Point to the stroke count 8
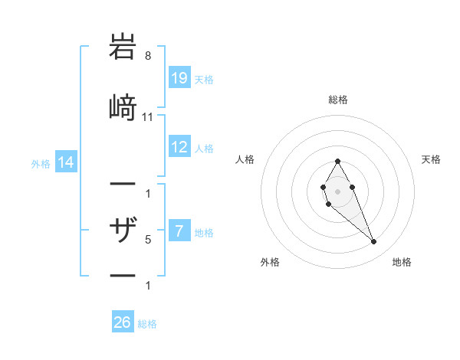pyautogui.click(x=147, y=56)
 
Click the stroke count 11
pyautogui.click(x=148, y=116)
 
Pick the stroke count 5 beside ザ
pyautogui.click(x=148, y=240)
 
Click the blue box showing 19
pyautogui.click(x=179, y=78)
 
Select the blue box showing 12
pyautogui.click(x=179, y=147)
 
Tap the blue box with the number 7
pyautogui.click(x=179, y=231)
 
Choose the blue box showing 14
pyautogui.click(x=66, y=162)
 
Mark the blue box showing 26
pyautogui.click(x=122, y=322)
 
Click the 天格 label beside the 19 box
pyautogui.click(x=203, y=79)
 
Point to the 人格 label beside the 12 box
pyautogui.click(x=203, y=148)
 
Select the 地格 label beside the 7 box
pyautogui.click(x=203, y=232)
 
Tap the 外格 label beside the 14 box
pyautogui.click(x=41, y=163)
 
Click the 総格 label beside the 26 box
pyautogui.click(x=147, y=323)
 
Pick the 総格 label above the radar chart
pyautogui.click(x=338, y=100)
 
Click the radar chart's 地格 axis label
pyautogui.click(x=402, y=262)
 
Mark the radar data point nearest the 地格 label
pyautogui.click(x=374, y=242)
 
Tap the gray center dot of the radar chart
pyautogui.click(x=337, y=190)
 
